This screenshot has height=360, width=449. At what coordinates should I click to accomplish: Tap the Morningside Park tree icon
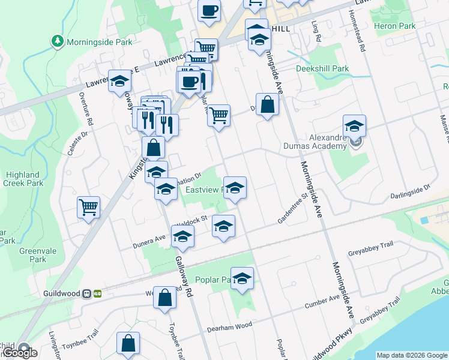(x=58, y=41)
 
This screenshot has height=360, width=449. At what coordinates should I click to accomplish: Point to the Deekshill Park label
(x=322, y=68)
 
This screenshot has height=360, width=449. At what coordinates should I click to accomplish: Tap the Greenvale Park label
(x=33, y=256)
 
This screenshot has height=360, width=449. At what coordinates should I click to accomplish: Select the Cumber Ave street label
(x=322, y=302)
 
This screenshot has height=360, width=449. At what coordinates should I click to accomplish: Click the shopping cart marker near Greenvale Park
(x=89, y=207)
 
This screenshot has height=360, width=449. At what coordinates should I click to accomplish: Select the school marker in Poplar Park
(x=243, y=278)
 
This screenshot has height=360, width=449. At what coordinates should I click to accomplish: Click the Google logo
(x=20, y=353)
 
